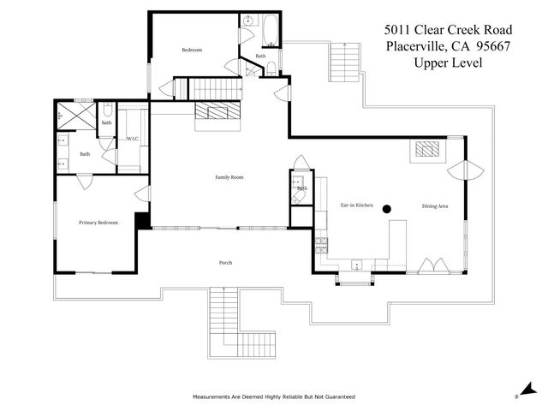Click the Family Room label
pos(229,177)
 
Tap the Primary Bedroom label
pos(98,223)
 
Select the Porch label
pos(225,263)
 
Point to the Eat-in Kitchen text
pos(356,206)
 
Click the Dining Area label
pos(435,206)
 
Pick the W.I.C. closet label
pos(133,138)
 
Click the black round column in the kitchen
pos(387,208)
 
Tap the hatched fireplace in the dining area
pos(426,151)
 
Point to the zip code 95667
pos(487,46)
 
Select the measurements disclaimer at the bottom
pos(273,397)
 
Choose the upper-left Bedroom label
pos(192,50)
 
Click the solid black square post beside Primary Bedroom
pos(142,221)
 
